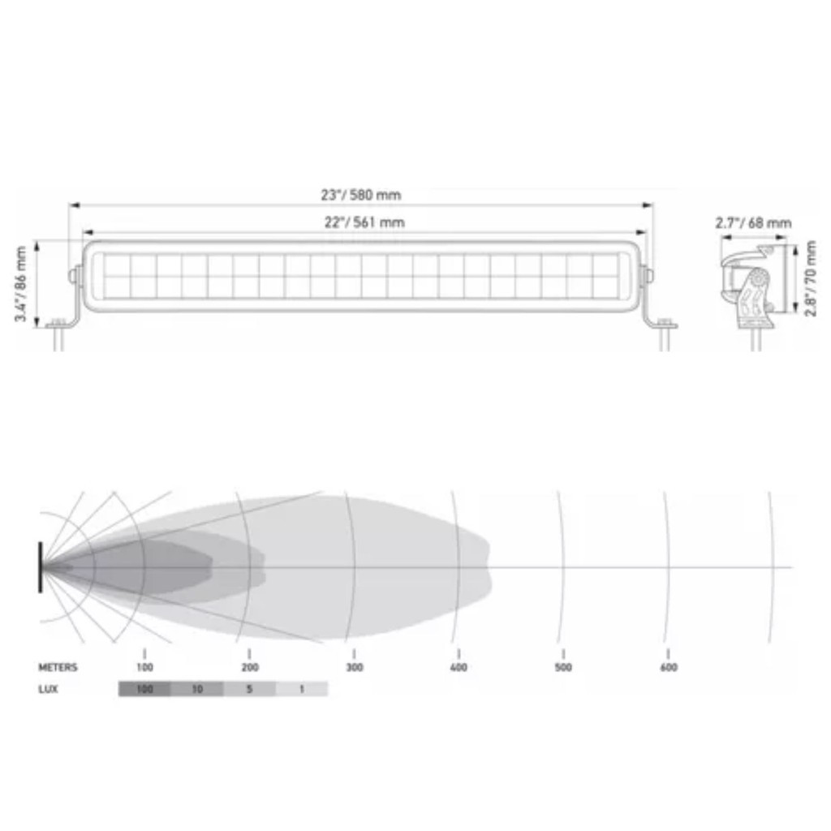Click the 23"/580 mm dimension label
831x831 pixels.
(361, 195)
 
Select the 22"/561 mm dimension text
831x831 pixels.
(364, 222)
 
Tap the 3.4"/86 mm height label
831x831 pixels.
(20, 283)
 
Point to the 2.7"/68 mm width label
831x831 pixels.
(753, 223)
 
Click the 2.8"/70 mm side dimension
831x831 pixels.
(811, 279)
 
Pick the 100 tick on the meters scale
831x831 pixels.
(144, 667)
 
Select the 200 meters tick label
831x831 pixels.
(250, 667)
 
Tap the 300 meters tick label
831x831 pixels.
(355, 667)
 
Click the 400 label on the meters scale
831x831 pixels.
(459, 667)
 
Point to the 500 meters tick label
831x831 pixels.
(563, 667)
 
